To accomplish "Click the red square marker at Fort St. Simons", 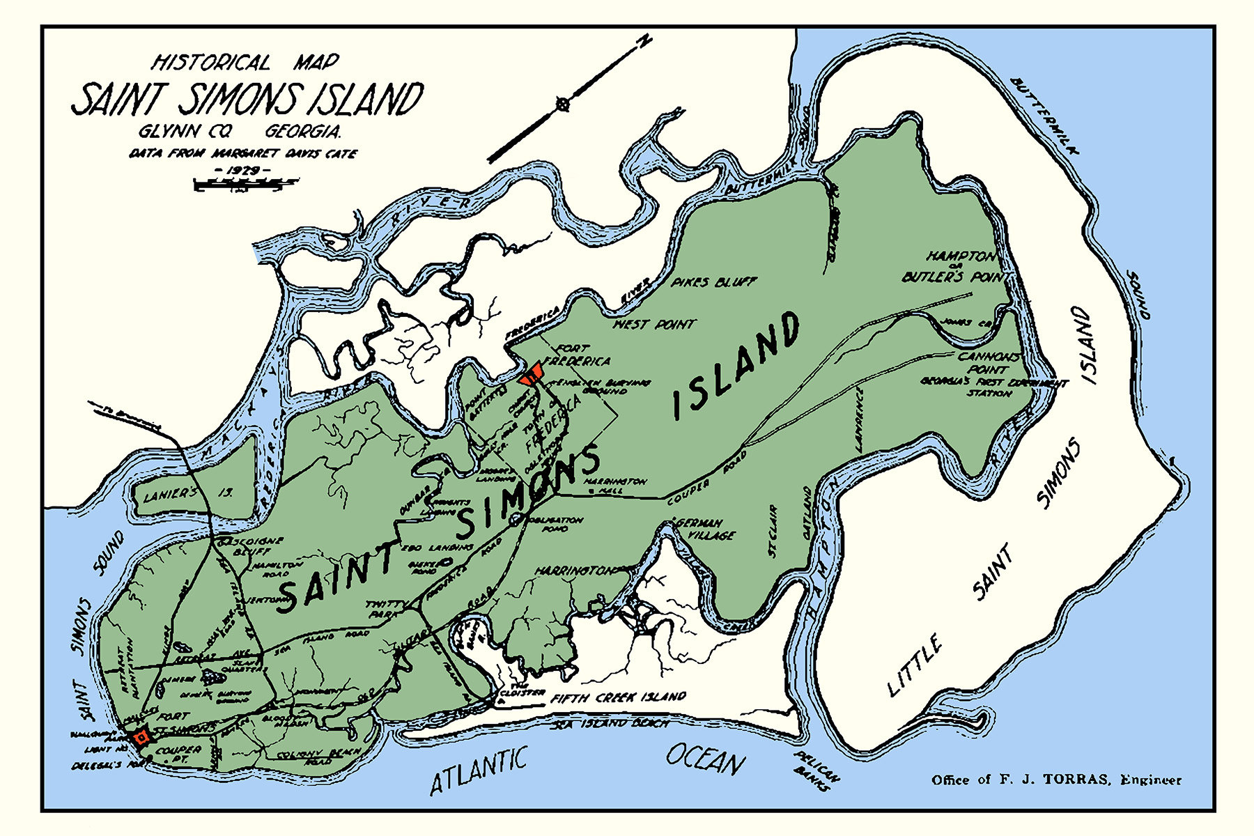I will coord(141,736).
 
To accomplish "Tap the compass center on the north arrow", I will coord(563,104).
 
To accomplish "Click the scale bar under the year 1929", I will coord(244,184).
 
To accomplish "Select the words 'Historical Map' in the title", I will coord(245,63).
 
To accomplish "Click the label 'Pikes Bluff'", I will coord(713,282).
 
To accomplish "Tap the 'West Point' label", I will coord(653,324).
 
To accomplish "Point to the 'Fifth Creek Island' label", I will coord(618,697).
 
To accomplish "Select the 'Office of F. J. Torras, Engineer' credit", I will coord(1056,780).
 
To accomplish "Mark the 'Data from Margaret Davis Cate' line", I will coord(242,153).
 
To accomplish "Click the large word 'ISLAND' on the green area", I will coord(736,366).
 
